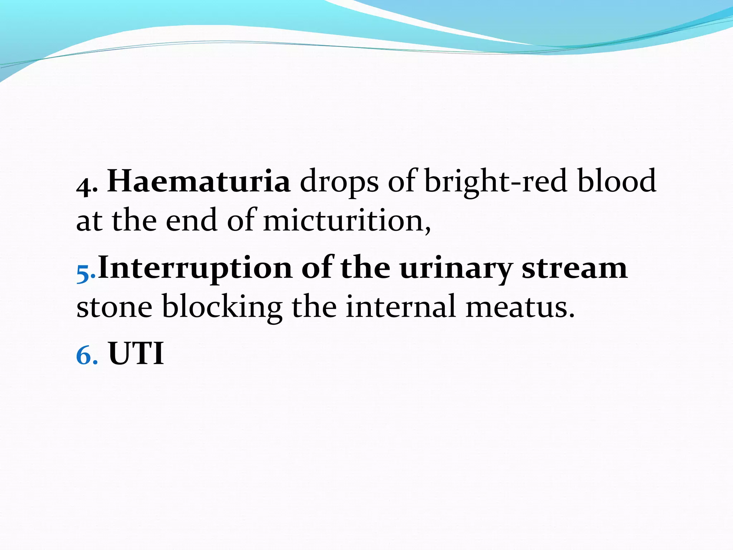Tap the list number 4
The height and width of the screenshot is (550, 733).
click(x=84, y=186)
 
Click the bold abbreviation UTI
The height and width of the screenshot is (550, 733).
click(x=136, y=354)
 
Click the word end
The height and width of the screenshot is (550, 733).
click(x=191, y=221)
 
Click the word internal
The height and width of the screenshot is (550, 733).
click(x=401, y=307)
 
